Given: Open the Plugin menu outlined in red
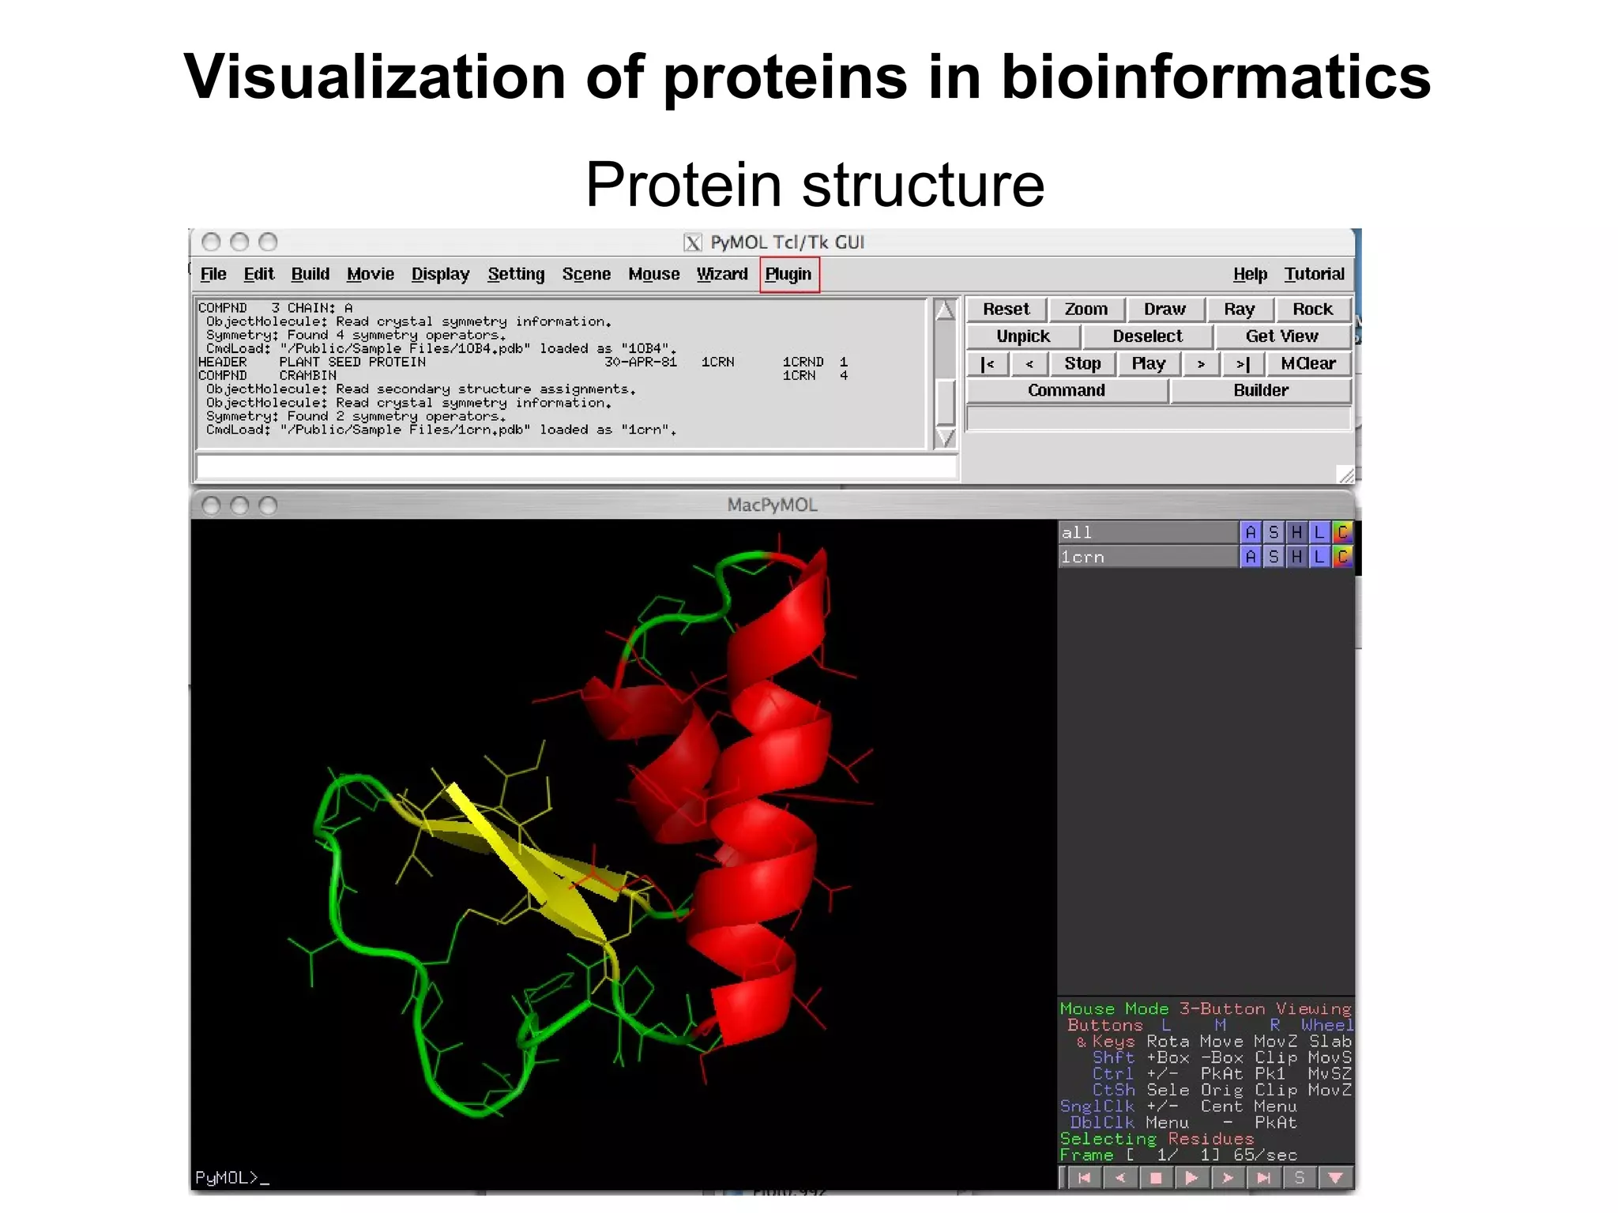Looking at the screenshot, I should click(788, 274).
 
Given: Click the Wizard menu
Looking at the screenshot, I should click(721, 274).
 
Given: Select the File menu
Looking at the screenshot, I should click(213, 274).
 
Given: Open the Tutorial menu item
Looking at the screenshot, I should click(1313, 274).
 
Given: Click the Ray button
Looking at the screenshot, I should click(1238, 310).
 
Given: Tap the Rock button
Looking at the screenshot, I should click(1311, 310).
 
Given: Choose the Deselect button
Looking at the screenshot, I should click(1147, 336).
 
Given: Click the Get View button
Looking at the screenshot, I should click(1281, 336).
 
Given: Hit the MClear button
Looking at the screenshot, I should click(1308, 363).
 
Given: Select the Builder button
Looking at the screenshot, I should click(1260, 390).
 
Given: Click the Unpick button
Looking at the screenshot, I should click(1023, 336).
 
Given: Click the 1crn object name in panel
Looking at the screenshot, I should click(1082, 558).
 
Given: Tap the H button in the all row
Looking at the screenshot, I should click(1296, 533).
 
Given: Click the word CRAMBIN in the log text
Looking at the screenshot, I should click(307, 376).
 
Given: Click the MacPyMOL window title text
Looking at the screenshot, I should click(772, 505).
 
